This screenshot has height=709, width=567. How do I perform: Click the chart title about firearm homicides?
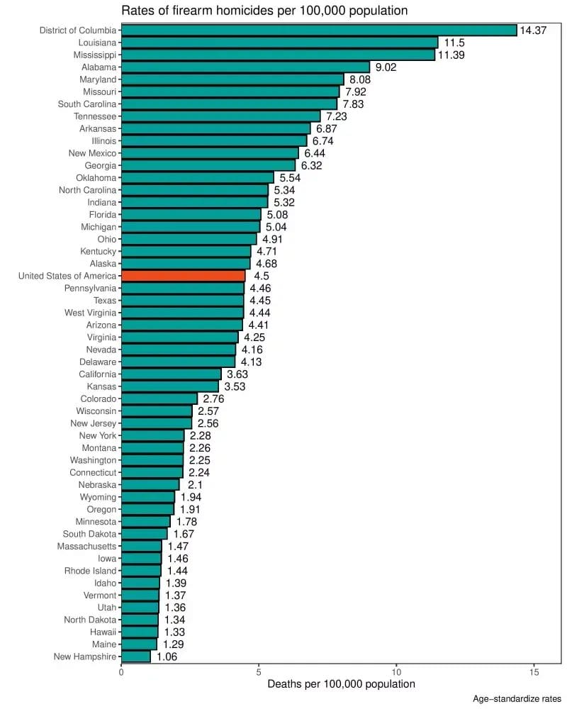point(264,11)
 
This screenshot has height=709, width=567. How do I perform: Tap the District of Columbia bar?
point(319,30)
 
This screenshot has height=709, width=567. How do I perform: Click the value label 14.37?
point(534,30)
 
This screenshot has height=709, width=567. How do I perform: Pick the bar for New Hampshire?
point(135,657)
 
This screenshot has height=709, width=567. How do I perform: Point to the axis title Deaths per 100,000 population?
point(341,684)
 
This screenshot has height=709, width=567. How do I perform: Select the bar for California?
point(171,374)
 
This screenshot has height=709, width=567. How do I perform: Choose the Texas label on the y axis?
point(105,301)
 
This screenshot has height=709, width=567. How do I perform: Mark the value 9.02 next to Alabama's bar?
point(386,67)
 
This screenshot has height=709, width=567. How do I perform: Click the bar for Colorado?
point(159,398)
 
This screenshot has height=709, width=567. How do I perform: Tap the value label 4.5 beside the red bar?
point(262,276)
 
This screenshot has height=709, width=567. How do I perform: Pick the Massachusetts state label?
point(86,546)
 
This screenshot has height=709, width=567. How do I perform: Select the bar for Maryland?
point(232,79)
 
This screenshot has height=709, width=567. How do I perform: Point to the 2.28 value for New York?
point(200,435)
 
